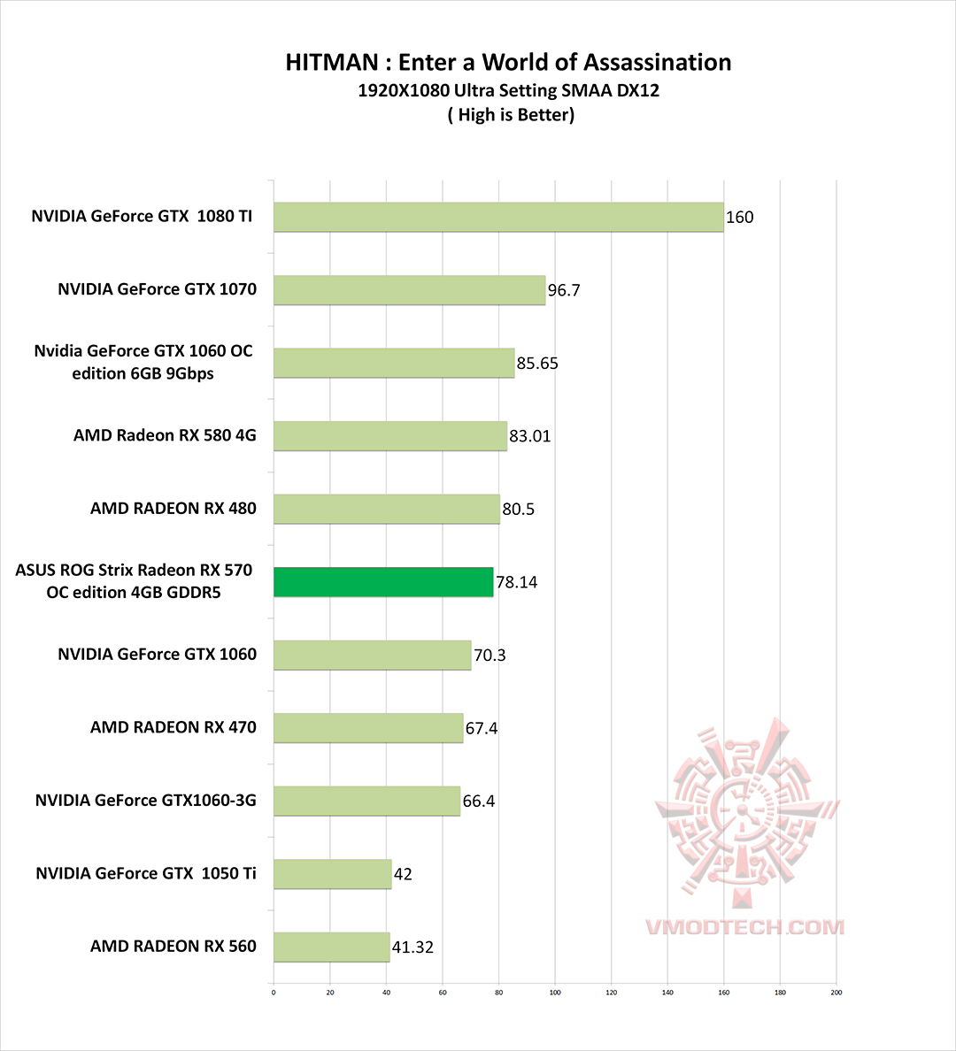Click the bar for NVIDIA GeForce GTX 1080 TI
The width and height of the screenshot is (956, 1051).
[498, 217]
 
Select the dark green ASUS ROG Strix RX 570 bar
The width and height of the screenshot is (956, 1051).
[383, 582]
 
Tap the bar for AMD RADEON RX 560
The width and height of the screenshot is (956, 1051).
[332, 947]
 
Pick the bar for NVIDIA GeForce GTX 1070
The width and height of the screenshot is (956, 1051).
[409, 290]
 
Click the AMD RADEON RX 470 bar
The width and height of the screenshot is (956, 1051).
[368, 728]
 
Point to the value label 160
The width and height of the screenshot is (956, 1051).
[739, 218]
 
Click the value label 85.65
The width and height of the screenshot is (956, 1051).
[537, 364]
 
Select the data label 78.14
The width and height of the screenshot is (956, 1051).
[516, 582]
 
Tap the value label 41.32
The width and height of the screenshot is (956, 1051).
[412, 947]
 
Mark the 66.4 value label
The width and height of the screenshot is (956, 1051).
[479, 802]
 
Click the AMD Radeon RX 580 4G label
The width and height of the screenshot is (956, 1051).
[165, 435]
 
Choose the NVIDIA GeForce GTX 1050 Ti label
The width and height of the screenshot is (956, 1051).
[146, 873]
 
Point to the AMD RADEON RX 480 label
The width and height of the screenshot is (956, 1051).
[173, 509]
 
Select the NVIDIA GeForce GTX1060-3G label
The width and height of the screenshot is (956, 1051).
[146, 801]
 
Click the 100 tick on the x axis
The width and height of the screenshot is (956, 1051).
[555, 993]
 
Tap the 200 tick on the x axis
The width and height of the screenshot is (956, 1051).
[836, 993]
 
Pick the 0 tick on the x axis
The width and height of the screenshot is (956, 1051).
[274, 993]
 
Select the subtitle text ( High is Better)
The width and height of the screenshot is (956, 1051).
[511, 115]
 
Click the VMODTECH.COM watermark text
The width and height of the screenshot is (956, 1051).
[744, 927]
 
